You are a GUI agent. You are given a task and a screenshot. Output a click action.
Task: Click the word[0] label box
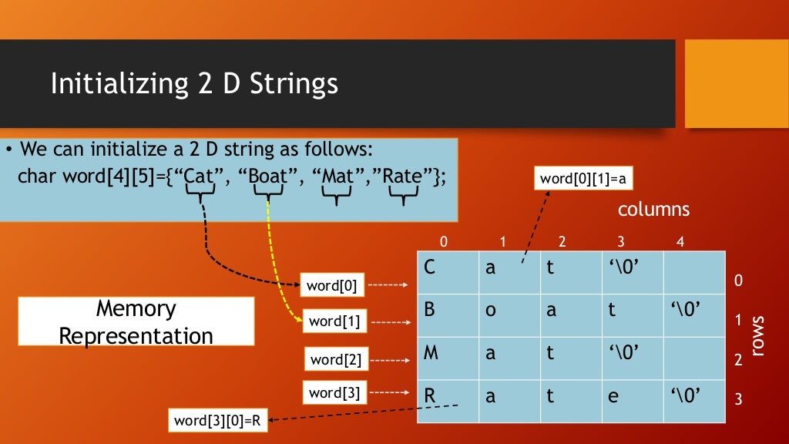[x=332, y=285]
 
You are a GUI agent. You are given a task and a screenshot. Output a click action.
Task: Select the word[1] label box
[x=334, y=321]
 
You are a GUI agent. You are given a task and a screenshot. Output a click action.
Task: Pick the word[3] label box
[x=334, y=392]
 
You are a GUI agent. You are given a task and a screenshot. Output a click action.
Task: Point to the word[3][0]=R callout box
[x=217, y=420]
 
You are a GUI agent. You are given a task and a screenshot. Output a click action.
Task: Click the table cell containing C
[x=447, y=273]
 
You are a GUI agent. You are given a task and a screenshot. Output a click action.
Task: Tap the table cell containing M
[x=447, y=358]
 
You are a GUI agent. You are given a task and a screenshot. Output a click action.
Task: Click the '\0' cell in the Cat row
[x=632, y=273]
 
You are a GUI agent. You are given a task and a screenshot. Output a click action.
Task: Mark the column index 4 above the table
[x=680, y=242]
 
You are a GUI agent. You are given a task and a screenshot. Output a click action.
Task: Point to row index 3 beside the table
[x=738, y=400]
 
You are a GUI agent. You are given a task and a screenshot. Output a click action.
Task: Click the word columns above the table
[x=653, y=210]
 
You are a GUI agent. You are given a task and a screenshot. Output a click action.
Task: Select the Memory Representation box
[x=136, y=321]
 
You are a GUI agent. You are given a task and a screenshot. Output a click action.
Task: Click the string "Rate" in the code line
[x=402, y=175]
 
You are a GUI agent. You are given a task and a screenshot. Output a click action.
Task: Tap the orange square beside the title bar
[x=736, y=83]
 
